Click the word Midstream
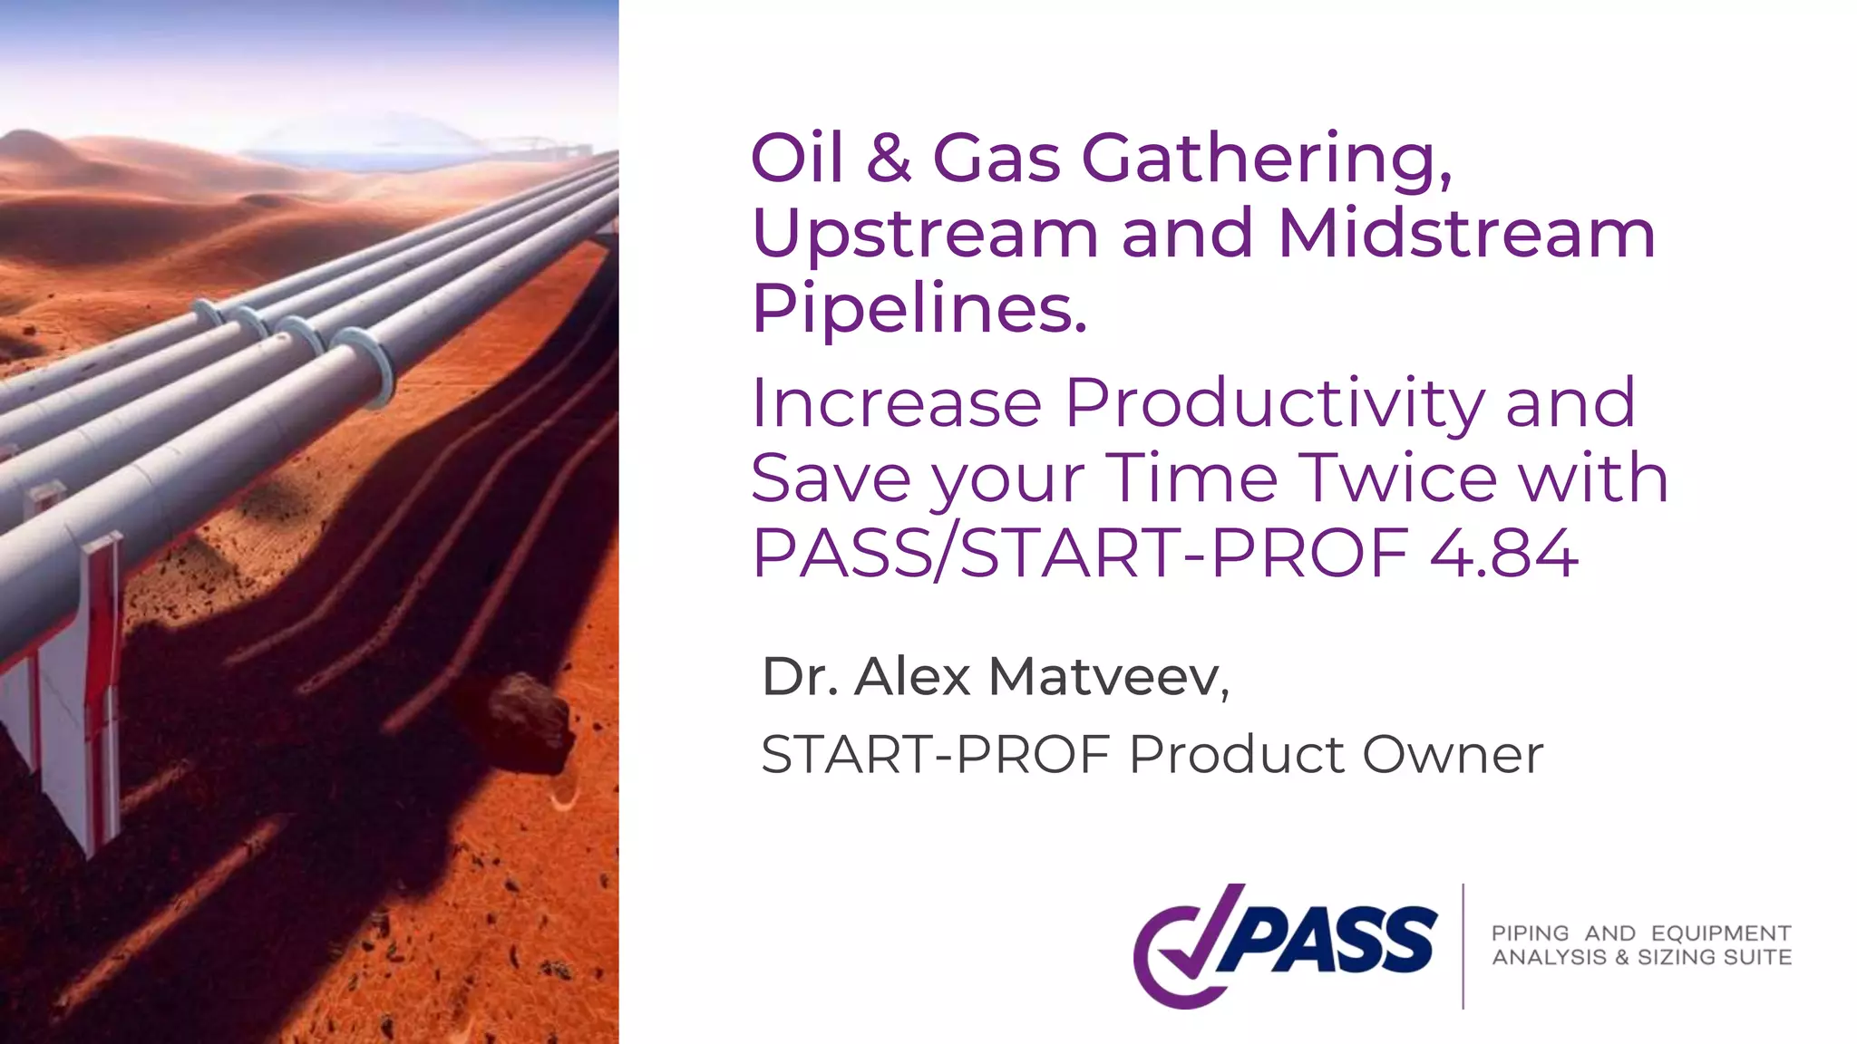(1466, 234)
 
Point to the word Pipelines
(918, 310)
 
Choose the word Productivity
(1274, 403)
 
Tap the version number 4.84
(1503, 553)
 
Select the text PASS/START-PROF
(1079, 553)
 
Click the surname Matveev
(1108, 677)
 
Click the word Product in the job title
(1237, 755)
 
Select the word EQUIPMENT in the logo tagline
(1720, 933)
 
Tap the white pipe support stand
(86, 698)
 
